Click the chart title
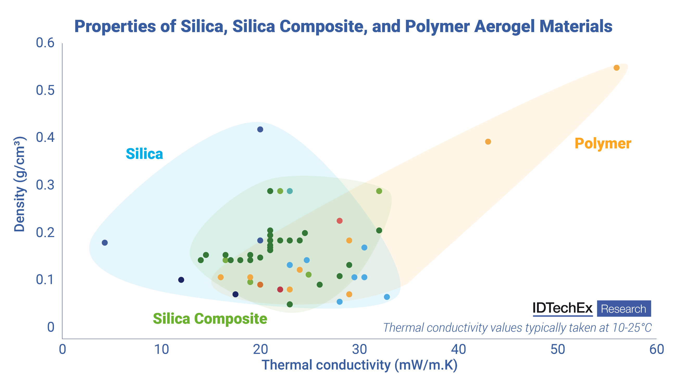343,26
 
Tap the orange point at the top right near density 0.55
616,68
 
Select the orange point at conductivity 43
488,142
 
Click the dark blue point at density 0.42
260,130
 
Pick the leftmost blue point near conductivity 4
104,243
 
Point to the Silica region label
144,154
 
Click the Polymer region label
602,143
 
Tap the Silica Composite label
210,319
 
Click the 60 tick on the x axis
656,350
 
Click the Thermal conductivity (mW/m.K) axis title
359,365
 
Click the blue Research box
623,309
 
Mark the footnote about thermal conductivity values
517,328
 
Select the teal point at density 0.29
290,191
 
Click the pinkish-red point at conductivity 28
339,221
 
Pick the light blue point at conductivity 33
387,297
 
